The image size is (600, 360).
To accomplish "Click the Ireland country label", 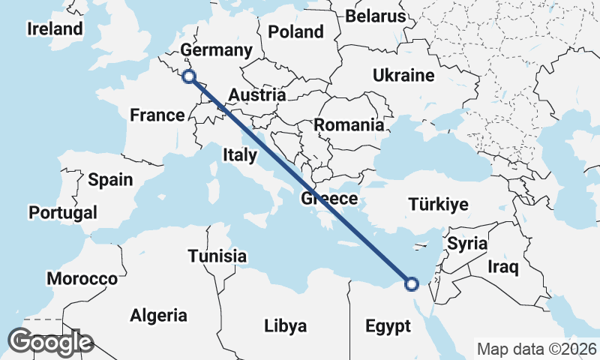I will pos(54,29).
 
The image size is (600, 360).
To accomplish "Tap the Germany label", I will pos(217,50).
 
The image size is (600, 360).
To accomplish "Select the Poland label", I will pos(295,32).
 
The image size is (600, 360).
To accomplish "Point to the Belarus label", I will pos(376,16).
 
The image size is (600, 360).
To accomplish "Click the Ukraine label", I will pos(403,76).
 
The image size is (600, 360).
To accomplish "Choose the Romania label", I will pos(349,125).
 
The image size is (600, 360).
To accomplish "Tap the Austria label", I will pos(256,95).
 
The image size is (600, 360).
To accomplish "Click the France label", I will pos(157,115).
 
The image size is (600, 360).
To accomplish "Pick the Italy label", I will pos(240,155).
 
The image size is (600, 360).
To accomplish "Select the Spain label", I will pos(110,180).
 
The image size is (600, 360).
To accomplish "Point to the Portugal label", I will pos(63,213).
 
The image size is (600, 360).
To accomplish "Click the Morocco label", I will pos(82,279).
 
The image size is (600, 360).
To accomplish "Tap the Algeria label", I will pos(158,315).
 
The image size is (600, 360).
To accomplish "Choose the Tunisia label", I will pos(217,256).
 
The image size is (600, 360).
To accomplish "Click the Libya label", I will pos(285,326).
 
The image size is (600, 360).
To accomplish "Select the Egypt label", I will pos(388,326).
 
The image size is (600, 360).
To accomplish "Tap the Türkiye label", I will pos(438,204).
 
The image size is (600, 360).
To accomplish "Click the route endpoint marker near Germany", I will pos(189,76).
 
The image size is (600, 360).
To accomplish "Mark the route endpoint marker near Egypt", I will pos(411,283).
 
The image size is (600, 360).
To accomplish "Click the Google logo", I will pos(50,342).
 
